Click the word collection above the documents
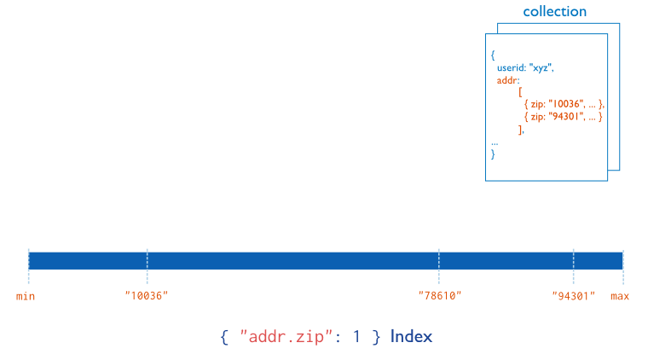pyautogui.click(x=554, y=12)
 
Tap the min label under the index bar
pyautogui.click(x=26, y=296)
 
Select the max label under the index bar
pyautogui.click(x=620, y=296)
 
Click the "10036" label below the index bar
pyautogui.click(x=147, y=296)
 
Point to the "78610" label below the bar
pyautogui.click(x=439, y=296)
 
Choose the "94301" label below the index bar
pyautogui.click(x=573, y=296)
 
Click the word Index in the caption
pyautogui.click(x=412, y=336)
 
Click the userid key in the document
pyautogui.click(x=511, y=67)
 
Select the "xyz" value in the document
pyautogui.click(x=543, y=67)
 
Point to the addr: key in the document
pyautogui.click(x=508, y=80)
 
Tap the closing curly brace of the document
pyautogui.click(x=493, y=154)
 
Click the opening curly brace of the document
pyautogui.click(x=493, y=55)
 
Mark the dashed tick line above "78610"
pyautogui.click(x=439, y=265)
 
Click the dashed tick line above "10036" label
pyautogui.click(x=147, y=265)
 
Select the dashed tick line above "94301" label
pyautogui.click(x=573, y=265)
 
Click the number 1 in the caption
pyautogui.click(x=356, y=336)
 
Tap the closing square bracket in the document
pyautogui.click(x=520, y=129)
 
